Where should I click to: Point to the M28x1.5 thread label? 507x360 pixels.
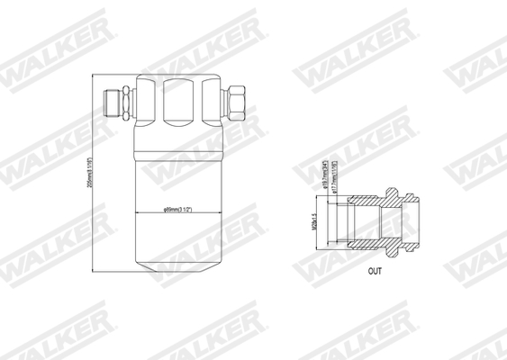click(x=314, y=220)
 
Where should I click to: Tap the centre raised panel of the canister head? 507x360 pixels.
click(x=177, y=101)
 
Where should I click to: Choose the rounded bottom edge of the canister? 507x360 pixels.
click(x=177, y=262)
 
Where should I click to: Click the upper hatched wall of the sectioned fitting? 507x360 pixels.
click(x=365, y=200)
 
